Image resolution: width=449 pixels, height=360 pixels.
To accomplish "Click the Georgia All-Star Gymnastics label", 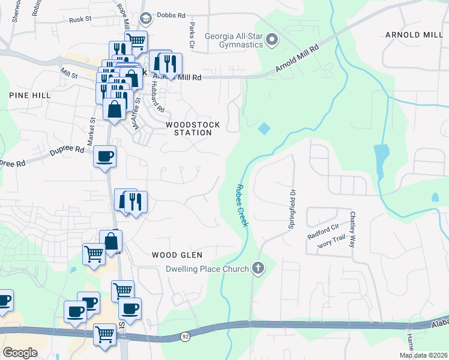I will point(234,40).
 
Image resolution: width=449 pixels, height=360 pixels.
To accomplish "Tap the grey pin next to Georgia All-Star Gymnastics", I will point(272,40).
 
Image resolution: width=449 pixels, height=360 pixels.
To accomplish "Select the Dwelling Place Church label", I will point(207,269).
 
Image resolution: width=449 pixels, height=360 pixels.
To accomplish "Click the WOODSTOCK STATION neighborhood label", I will point(193,128).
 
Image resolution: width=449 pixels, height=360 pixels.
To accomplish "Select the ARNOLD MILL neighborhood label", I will point(415,35).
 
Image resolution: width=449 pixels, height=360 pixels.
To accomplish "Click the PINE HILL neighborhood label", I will point(29,95).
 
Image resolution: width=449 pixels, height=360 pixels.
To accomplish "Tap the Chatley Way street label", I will point(352,229).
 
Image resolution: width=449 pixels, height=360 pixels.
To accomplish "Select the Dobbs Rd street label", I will point(171,16).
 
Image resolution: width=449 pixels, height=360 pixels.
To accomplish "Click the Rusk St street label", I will point(79,19).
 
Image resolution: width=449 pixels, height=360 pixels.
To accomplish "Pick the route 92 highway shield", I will point(185,338).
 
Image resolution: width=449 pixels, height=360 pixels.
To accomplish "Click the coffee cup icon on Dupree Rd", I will point(104,157).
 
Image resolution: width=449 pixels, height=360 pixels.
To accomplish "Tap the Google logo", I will point(20,352).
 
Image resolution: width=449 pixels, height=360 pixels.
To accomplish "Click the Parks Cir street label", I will point(191,35).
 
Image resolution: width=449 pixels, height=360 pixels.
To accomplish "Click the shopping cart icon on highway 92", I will point(104,334).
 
